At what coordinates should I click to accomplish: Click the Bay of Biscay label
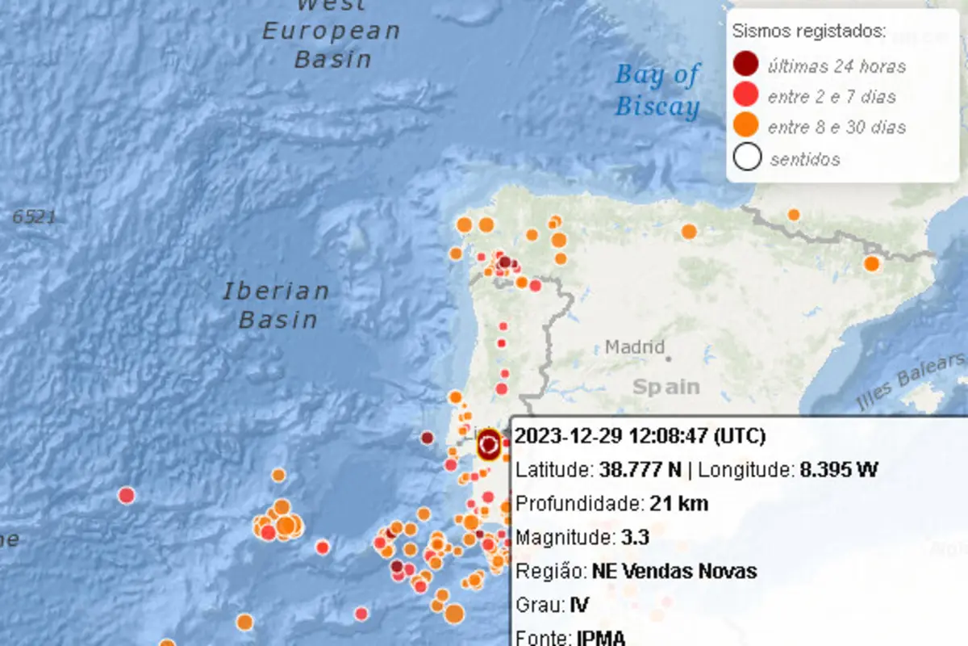[657, 91]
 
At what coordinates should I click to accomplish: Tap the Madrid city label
[635, 348]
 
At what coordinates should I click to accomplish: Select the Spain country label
[665, 387]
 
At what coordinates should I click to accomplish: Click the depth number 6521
[34, 216]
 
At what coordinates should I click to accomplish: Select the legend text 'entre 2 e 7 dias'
[832, 97]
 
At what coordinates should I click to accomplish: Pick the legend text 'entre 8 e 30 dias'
[837, 128]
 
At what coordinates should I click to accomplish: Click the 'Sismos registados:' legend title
[809, 32]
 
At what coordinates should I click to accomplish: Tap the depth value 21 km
[678, 504]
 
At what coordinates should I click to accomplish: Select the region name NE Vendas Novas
[674, 572]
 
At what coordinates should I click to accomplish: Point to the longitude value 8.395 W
[838, 470]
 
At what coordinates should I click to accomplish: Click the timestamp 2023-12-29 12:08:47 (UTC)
[640, 437]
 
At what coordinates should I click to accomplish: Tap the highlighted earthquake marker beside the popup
[488, 444]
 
